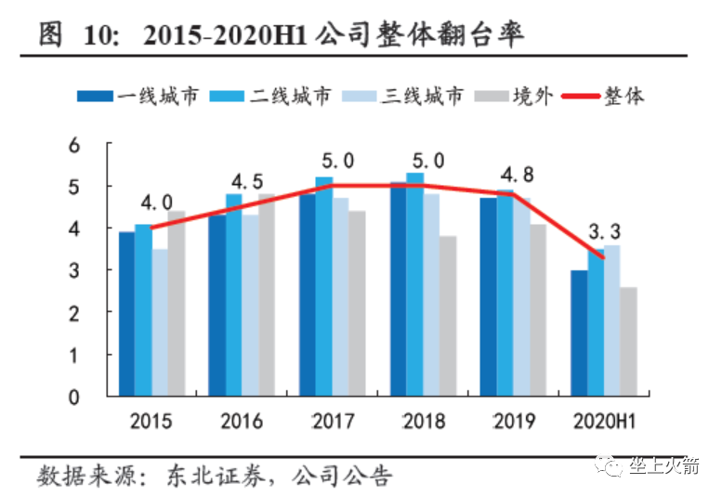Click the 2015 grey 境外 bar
tap(176, 304)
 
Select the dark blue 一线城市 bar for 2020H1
tap(579, 334)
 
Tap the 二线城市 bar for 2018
tap(414, 284)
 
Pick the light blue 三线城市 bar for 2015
tap(160, 322)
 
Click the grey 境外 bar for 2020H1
tap(628, 342)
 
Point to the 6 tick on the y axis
tap(76, 145)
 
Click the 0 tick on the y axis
tap(76, 398)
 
